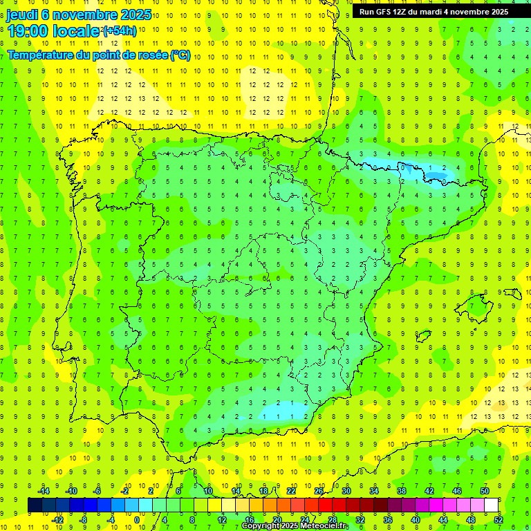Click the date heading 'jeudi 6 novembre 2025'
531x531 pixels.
tap(79, 15)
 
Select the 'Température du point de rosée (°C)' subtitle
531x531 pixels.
tap(99, 55)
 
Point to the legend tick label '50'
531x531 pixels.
tap(485, 491)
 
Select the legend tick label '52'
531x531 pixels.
tap(499, 520)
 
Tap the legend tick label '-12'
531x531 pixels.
tap(57, 520)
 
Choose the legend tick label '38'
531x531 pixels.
tap(402, 491)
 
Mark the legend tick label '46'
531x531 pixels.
tap(457, 491)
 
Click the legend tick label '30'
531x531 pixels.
tap(346, 491)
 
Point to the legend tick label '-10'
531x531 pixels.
tap(71, 491)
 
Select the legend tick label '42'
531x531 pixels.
tap(429, 491)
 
